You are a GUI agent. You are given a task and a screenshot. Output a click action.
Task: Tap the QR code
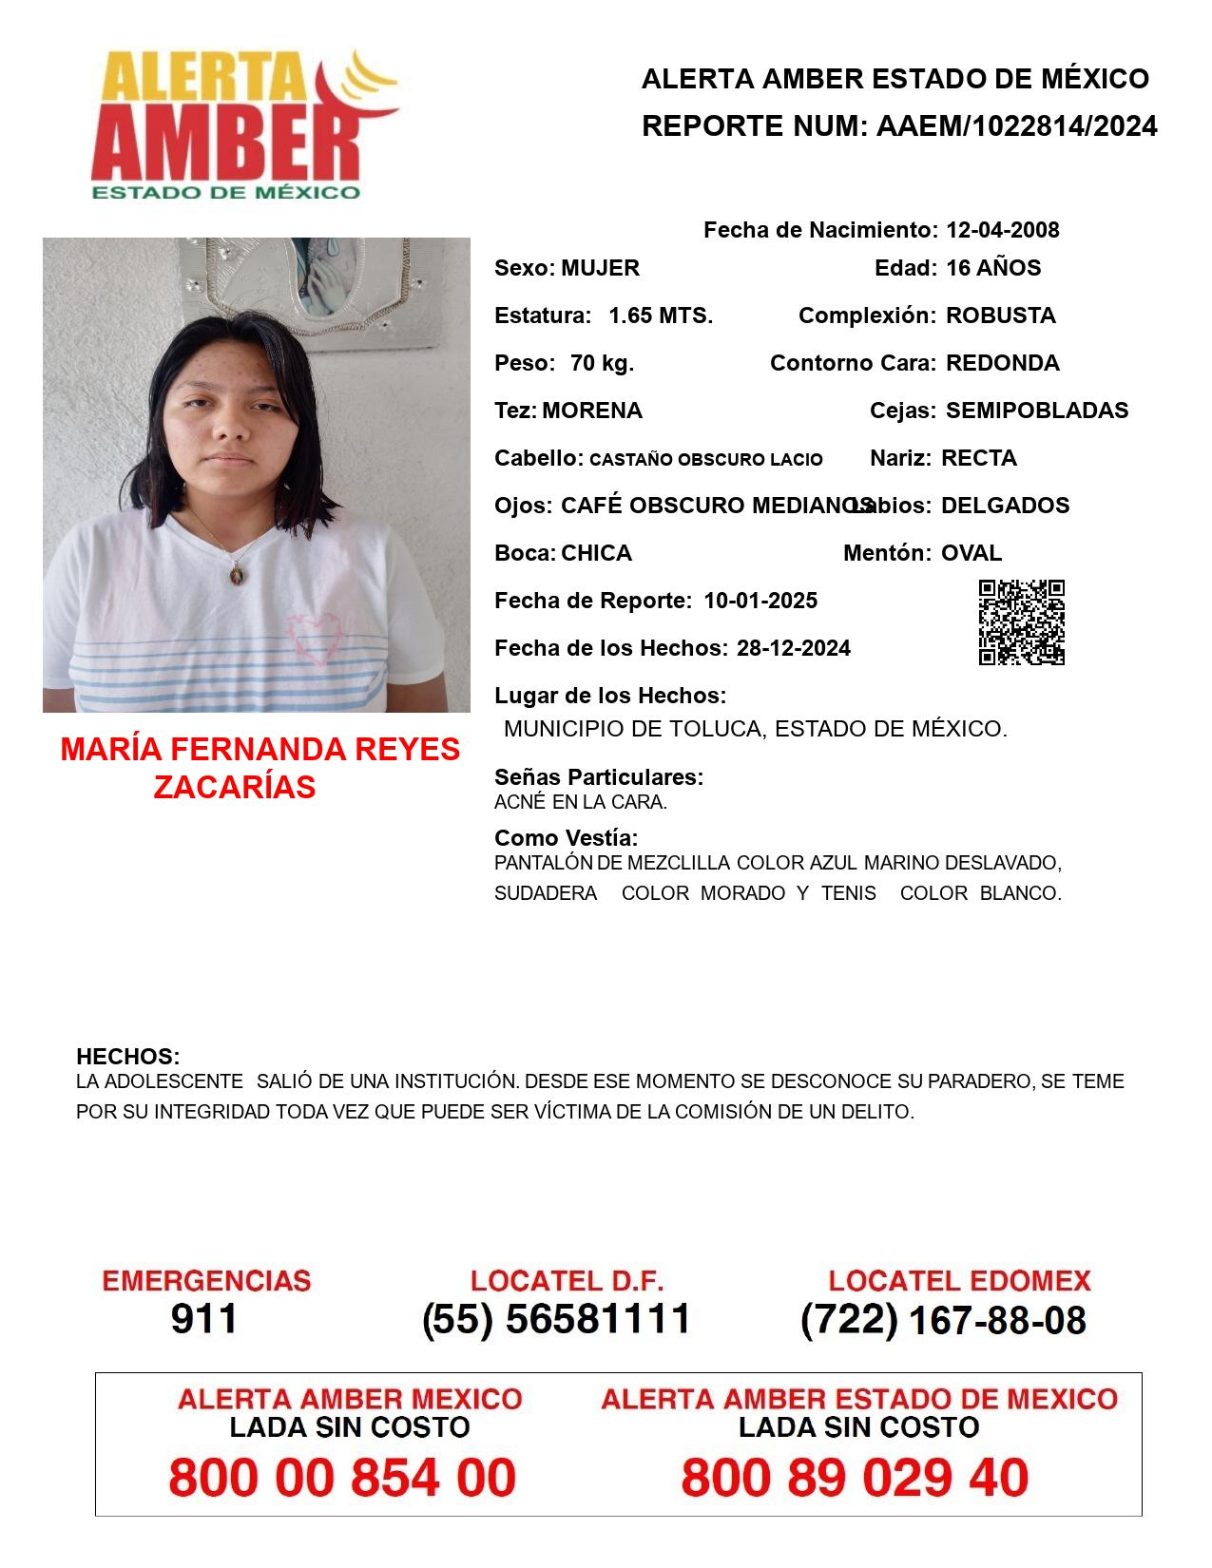[x=1022, y=622]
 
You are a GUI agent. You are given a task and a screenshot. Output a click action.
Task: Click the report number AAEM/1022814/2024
[x=1016, y=126]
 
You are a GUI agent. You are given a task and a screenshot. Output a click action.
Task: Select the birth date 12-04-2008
[x=1002, y=230]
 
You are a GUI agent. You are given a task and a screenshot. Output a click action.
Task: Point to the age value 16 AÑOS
[x=993, y=268]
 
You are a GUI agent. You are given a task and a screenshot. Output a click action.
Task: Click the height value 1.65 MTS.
[x=661, y=316]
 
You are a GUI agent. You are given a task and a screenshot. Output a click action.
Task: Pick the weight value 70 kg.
[x=602, y=363]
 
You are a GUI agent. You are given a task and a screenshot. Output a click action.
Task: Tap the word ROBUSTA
[x=1001, y=316]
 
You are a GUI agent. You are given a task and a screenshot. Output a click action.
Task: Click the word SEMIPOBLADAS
[x=1037, y=411]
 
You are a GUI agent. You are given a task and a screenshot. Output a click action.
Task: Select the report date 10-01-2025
[x=760, y=601]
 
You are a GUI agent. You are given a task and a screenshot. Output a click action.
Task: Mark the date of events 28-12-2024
[x=794, y=648]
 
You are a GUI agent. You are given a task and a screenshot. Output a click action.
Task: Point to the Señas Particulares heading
[x=599, y=777]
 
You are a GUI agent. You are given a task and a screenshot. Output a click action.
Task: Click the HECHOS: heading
[x=128, y=1057]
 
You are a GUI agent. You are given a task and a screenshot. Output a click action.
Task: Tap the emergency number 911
[x=204, y=1319]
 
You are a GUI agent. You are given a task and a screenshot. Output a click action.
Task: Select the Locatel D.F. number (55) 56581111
[x=557, y=1319]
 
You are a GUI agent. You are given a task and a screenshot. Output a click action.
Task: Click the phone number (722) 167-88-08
[x=943, y=1320]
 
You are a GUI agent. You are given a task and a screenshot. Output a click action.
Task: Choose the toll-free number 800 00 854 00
[x=342, y=1478]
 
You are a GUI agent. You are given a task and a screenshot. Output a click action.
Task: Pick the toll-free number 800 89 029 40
[x=855, y=1478]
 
